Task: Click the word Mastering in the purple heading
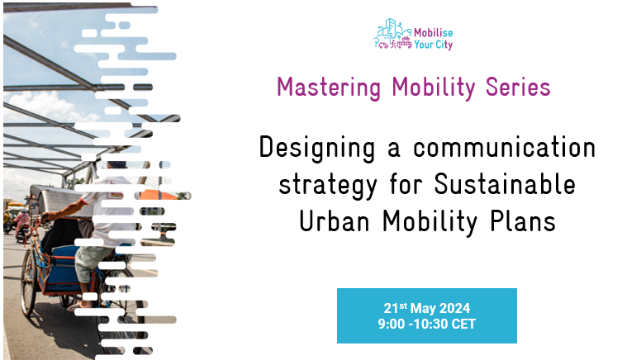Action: [x=329, y=88]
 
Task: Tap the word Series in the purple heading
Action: [x=518, y=87]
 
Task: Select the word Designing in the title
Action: [x=317, y=149]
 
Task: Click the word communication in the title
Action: [x=504, y=147]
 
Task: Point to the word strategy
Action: [x=328, y=186]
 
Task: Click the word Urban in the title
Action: [x=335, y=220]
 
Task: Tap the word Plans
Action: [x=523, y=220]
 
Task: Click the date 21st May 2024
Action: [x=427, y=308]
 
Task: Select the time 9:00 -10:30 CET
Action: [x=427, y=324]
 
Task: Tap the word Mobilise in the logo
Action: [x=433, y=32]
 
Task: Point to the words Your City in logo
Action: [x=433, y=45]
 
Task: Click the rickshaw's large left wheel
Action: [x=29, y=282]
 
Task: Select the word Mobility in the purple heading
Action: [x=433, y=88]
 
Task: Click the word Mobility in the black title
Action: [x=430, y=221]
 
